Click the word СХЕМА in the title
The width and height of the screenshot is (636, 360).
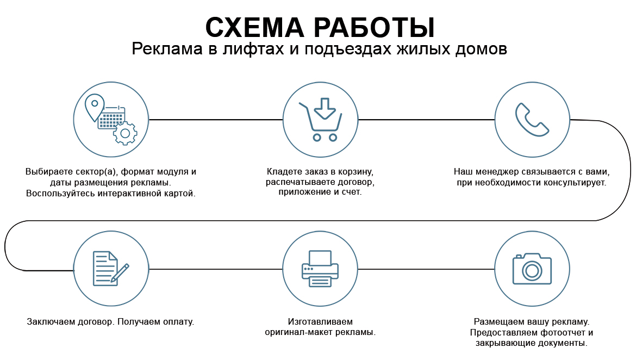(x=254, y=28)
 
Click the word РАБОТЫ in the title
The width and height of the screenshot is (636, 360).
(x=375, y=28)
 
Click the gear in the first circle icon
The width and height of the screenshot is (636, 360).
(x=126, y=133)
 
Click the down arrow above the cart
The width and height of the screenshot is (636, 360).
(x=325, y=108)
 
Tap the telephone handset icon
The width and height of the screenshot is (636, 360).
(x=532, y=120)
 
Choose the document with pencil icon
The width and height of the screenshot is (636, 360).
(x=111, y=269)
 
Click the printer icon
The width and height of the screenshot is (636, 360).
(x=320, y=269)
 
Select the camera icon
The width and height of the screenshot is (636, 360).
(x=532, y=269)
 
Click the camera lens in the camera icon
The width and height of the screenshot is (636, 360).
(x=532, y=271)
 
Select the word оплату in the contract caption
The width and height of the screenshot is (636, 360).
(x=178, y=322)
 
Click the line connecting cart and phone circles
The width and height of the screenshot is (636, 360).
(x=426, y=120)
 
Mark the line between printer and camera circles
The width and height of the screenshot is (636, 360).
(x=426, y=269)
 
